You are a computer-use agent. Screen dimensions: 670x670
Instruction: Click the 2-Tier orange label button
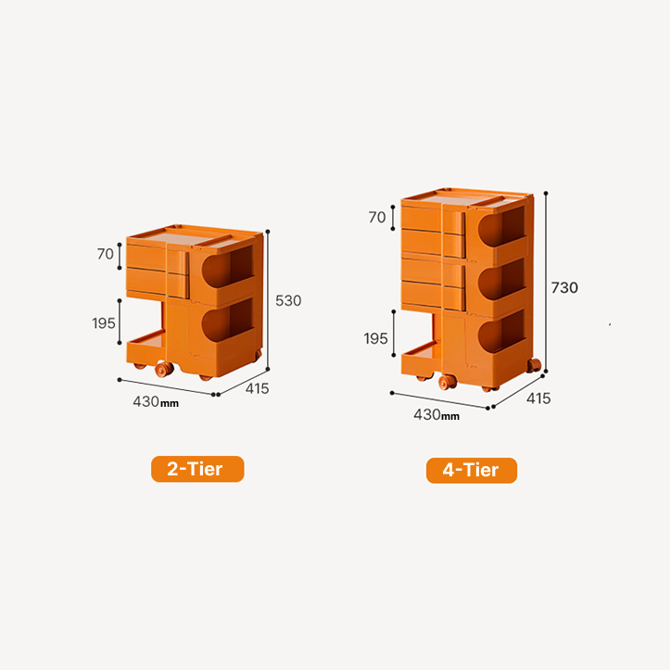197,469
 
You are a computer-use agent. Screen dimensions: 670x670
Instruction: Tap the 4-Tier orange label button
472,471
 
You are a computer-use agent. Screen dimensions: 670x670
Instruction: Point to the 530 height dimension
288,301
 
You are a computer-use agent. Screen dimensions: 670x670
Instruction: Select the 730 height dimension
564,287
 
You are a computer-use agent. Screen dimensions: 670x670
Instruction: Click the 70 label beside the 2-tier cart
105,254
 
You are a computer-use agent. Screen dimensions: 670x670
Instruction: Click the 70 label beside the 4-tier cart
377,218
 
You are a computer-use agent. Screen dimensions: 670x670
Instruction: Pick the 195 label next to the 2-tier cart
104,323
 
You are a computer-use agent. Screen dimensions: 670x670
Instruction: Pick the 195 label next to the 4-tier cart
375,339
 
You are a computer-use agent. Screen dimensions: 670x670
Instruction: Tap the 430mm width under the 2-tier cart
156,401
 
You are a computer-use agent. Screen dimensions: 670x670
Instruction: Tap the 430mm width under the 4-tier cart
436,414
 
